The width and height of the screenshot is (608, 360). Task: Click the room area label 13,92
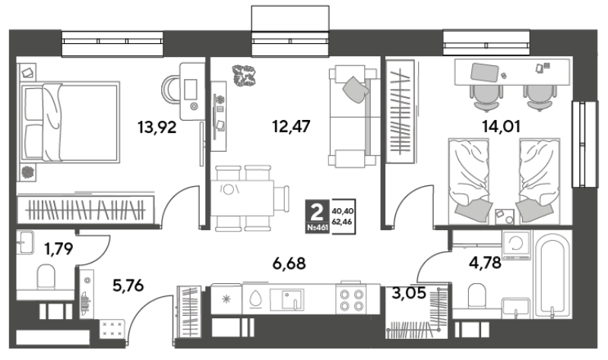[157, 127]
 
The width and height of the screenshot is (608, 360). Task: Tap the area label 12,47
[291, 126]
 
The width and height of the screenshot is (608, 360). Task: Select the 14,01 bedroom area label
[501, 126]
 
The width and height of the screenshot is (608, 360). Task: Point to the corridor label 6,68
[290, 264]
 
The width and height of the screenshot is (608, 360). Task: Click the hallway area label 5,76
[128, 286]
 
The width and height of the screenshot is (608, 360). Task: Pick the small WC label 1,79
[59, 248]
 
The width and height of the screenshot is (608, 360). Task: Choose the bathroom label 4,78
[485, 263]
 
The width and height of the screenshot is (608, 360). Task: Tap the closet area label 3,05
[409, 293]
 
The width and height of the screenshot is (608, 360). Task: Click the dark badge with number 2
[317, 216]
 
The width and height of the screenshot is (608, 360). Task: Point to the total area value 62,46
[343, 223]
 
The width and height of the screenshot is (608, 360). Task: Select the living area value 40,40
[343, 211]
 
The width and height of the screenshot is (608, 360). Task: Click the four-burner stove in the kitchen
[352, 299]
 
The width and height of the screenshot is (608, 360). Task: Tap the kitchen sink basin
[291, 299]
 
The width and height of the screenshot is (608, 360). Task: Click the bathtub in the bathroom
[552, 275]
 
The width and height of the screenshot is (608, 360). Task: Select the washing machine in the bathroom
[517, 245]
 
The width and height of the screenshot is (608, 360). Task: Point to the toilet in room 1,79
[46, 276]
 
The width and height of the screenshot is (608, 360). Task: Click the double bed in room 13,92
[70, 122]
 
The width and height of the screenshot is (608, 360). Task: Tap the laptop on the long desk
[484, 72]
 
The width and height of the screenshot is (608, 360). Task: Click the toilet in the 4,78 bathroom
[477, 296]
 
